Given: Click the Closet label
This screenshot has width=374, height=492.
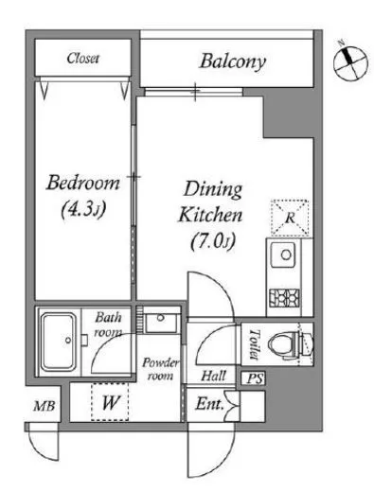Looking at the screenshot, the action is point(83,59).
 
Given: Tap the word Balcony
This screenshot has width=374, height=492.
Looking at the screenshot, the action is point(233,61).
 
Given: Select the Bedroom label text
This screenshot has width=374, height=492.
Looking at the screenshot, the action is point(83,183).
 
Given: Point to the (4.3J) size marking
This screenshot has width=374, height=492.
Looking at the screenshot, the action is point(82,209).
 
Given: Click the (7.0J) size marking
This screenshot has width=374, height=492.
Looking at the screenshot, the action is point(213,242).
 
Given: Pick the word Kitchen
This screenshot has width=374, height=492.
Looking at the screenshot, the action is point(210,215).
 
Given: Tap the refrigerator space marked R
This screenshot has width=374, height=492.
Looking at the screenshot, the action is point(290,218).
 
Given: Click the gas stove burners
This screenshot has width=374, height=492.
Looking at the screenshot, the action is point(284,298).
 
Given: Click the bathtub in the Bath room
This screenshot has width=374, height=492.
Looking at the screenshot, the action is point(59,342).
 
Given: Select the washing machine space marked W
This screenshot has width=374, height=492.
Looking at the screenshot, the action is point(110,402).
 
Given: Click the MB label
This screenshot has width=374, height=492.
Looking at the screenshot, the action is point(45,406).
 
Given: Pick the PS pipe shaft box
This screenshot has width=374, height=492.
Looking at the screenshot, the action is point(254,378).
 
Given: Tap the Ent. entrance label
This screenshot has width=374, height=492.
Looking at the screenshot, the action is point(209,404).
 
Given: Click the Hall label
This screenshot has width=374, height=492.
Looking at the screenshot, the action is point(214,376).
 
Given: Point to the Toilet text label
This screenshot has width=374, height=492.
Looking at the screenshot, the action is point(254,344).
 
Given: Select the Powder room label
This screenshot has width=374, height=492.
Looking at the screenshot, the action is point(160,369).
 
